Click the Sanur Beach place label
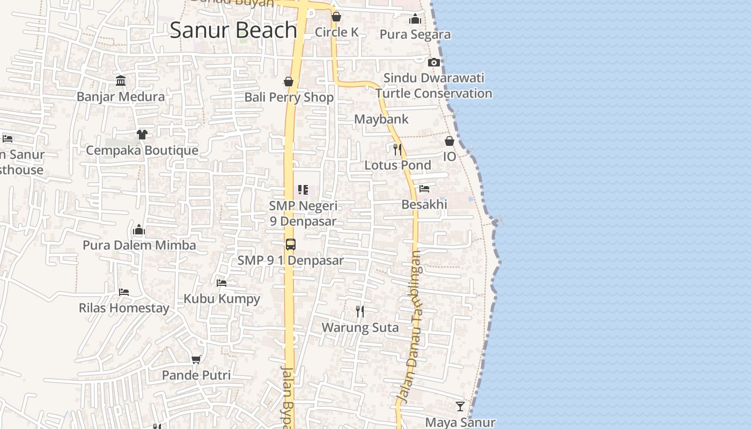pos(233,30)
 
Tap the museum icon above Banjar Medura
pos(121,81)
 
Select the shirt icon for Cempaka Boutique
pos(142,134)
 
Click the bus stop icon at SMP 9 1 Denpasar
pos(290,245)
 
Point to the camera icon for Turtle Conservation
pos(434,62)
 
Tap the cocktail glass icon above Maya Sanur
pos(460,406)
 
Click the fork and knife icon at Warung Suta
pos(360,311)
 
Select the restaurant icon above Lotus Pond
pos(397,149)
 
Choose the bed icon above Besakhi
pos(424,189)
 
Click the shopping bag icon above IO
pos(450,141)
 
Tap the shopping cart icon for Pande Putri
pos(196,359)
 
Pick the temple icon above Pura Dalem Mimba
pos(139,230)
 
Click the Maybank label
pos(381,119)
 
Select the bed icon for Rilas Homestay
pos(124,292)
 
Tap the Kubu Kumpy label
pos(222,299)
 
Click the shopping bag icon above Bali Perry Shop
pos(289,82)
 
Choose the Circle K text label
pos(336,32)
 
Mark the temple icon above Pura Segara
pos(415,19)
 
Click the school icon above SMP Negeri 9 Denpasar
pos(303,190)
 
